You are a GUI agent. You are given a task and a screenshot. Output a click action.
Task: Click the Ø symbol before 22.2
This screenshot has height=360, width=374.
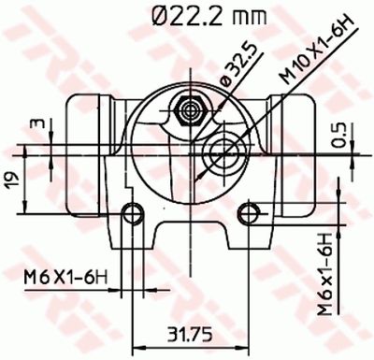[156, 16]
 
